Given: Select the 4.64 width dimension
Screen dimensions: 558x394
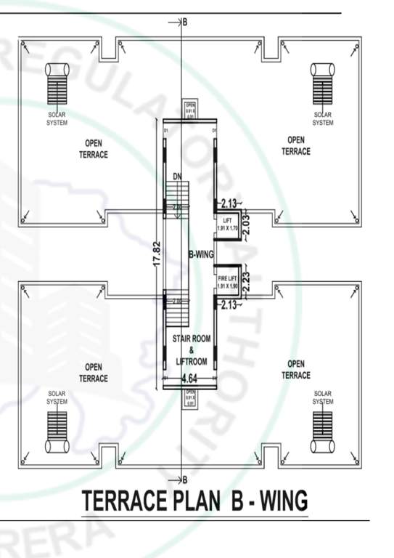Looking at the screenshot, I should [189, 378].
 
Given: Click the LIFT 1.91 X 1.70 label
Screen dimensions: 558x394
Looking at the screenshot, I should [227, 223].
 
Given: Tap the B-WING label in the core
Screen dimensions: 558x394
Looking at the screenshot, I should [200, 255].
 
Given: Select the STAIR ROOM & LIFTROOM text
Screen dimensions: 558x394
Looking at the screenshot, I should [189, 349].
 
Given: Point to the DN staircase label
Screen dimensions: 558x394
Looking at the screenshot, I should [177, 177].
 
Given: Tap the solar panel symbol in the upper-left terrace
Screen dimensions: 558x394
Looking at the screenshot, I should [57, 85].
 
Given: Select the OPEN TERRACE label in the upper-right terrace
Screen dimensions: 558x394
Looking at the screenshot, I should [295, 145].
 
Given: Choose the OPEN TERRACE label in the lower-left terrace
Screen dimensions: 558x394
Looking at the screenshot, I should [93, 372].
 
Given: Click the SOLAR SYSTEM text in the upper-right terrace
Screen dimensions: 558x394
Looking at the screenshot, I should [323, 118].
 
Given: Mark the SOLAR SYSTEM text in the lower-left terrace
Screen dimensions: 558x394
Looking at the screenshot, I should [57, 397].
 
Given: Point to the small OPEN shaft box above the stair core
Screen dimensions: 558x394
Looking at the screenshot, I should [190, 110].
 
